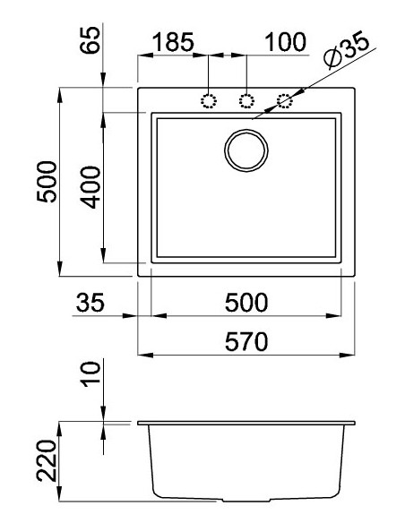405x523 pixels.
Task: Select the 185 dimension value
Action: (x=176, y=42)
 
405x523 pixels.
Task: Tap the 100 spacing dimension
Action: (x=286, y=42)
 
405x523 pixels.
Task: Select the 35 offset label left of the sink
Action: (x=90, y=303)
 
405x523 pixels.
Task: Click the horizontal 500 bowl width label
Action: (x=246, y=303)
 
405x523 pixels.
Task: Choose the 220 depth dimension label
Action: (x=49, y=460)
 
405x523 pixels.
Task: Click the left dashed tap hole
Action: (x=210, y=100)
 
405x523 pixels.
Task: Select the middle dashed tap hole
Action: (x=246, y=100)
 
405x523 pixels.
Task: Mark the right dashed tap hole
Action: (x=285, y=100)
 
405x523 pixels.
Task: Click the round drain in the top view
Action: (x=246, y=150)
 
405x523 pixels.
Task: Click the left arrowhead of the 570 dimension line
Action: (x=142, y=356)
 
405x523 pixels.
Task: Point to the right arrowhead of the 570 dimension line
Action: (x=350, y=356)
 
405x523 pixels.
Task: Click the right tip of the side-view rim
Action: (x=355, y=422)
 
